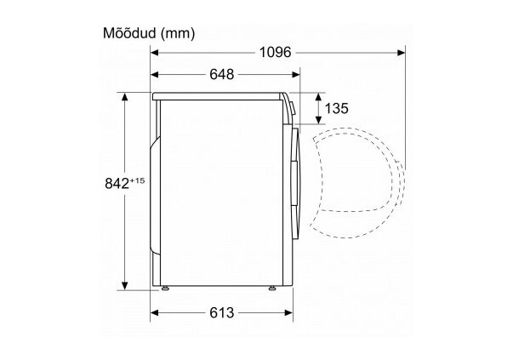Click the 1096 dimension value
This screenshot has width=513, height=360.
(x=275, y=53)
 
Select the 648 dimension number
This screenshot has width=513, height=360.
(x=222, y=75)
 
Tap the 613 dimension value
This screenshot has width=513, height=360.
(x=222, y=313)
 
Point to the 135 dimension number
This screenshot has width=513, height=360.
(x=336, y=108)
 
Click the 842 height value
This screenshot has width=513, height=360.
(x=117, y=184)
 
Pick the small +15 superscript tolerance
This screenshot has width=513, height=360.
(x=138, y=180)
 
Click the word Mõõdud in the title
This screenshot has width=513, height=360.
(x=130, y=33)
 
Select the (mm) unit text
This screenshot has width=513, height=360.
(x=178, y=34)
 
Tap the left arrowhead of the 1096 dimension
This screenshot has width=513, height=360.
(x=155, y=53)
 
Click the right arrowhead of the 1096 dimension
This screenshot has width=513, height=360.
(x=401, y=53)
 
